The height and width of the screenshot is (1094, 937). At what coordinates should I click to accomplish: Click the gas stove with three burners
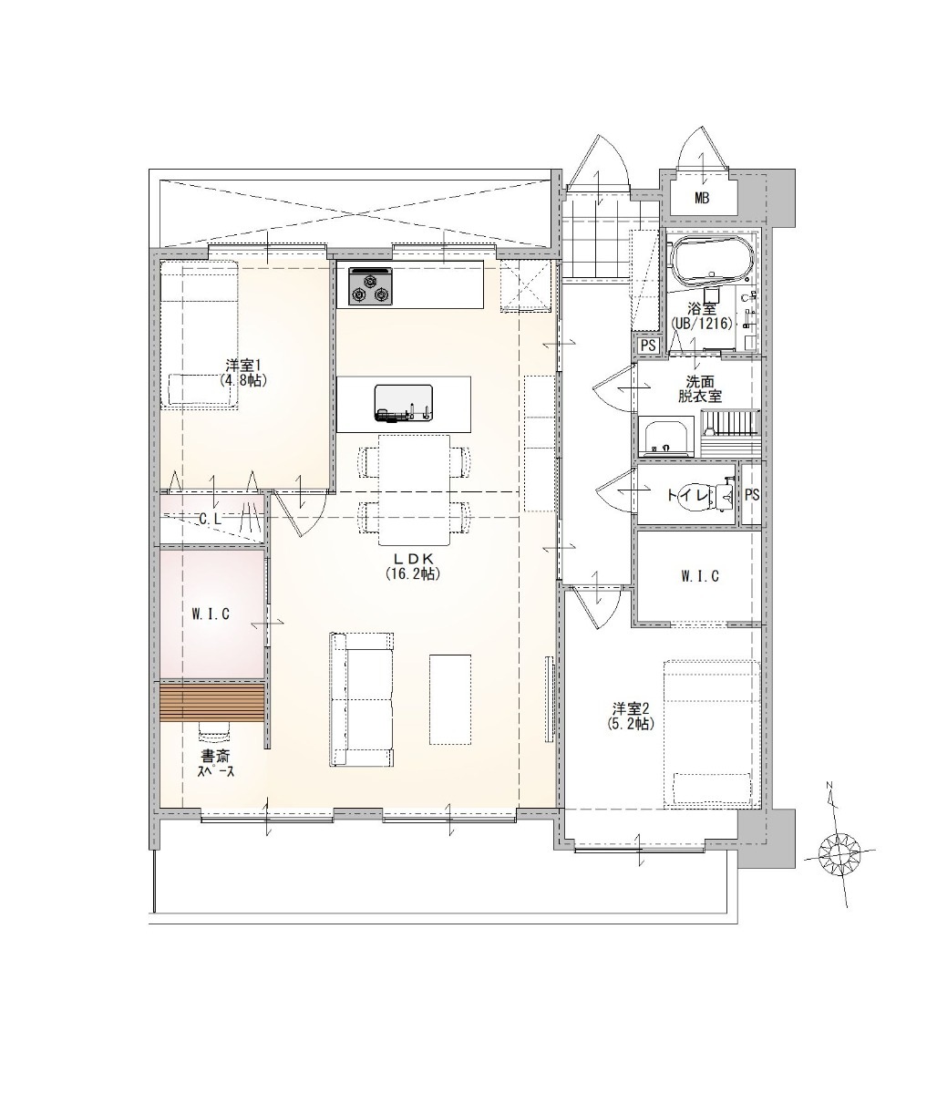(x=370, y=286)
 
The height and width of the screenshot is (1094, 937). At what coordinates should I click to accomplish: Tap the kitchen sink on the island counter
(x=403, y=403)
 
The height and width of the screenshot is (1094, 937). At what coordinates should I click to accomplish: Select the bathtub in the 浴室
(x=711, y=263)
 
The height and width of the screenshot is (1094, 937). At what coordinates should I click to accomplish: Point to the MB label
(x=702, y=199)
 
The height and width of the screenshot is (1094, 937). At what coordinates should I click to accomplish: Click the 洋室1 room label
(x=243, y=373)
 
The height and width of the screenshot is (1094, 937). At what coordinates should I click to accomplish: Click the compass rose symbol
(x=839, y=853)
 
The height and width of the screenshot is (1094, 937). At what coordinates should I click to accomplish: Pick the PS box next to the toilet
(x=751, y=494)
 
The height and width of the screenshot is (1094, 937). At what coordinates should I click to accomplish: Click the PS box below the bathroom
(x=647, y=346)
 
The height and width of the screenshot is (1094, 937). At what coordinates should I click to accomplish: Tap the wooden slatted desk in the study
(x=211, y=703)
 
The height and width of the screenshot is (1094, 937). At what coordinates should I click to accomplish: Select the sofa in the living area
(x=361, y=698)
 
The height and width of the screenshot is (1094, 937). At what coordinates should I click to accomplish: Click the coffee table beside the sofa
(x=449, y=699)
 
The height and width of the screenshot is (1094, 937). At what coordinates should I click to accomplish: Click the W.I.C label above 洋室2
(x=699, y=576)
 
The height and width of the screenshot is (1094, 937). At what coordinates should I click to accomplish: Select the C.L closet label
(x=211, y=520)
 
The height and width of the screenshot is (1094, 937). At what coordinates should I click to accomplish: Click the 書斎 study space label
(x=216, y=763)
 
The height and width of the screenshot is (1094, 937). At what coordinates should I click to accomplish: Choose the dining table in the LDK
(x=415, y=489)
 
